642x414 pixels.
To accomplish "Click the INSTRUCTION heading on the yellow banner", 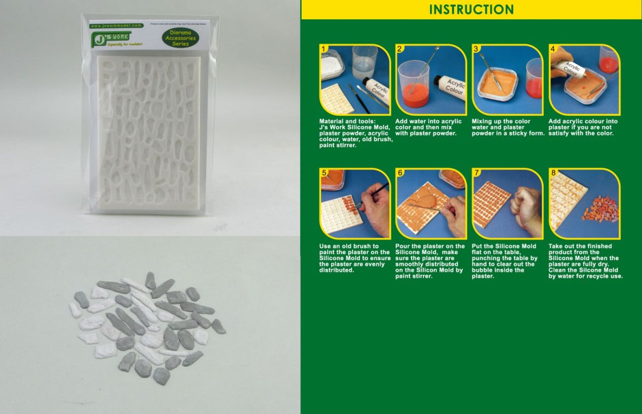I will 471,9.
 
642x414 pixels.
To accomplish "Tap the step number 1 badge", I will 324,49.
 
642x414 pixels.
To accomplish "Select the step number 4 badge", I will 553,49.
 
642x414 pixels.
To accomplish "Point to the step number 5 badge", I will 324,173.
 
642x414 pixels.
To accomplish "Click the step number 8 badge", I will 553,173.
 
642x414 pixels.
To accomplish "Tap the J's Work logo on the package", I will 111,38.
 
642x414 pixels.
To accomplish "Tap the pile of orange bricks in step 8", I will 600,209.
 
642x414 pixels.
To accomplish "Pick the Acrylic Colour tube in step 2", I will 449,87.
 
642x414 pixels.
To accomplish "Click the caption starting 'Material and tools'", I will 356,133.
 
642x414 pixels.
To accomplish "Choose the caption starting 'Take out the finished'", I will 585,261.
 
